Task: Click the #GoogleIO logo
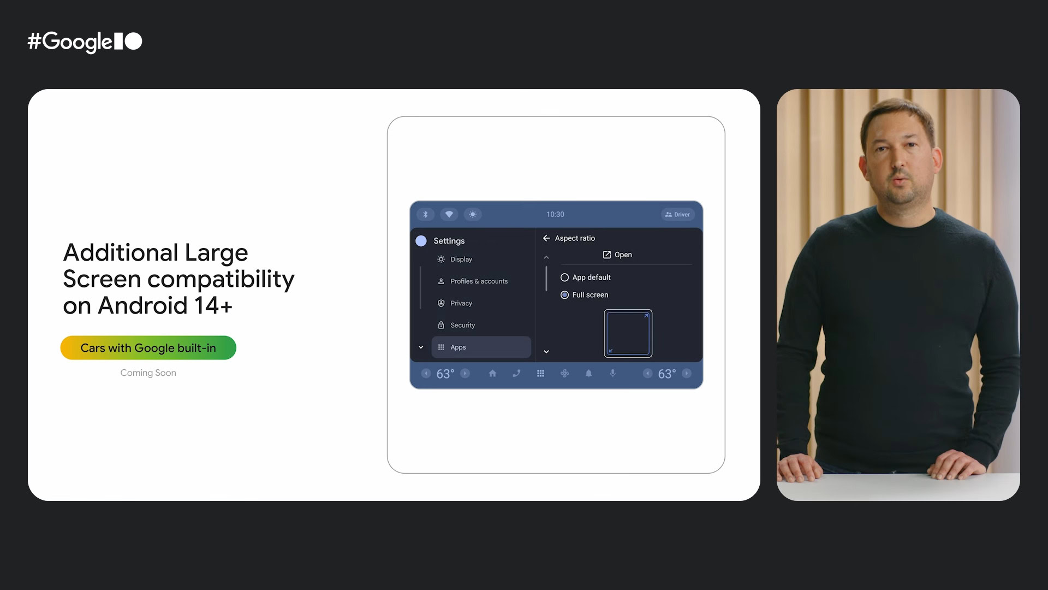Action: coord(85,42)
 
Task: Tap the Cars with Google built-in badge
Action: coord(148,348)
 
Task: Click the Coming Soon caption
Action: coord(148,373)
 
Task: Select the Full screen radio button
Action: coord(564,295)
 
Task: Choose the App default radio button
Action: coord(564,278)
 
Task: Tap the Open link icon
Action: coord(606,255)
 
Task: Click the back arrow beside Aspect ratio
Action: coord(546,238)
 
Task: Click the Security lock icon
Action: coord(441,325)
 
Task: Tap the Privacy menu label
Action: coord(461,303)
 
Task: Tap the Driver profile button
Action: coord(677,215)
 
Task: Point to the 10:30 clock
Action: coord(555,215)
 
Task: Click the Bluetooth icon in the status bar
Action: coord(426,215)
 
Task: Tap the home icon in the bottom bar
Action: coord(492,374)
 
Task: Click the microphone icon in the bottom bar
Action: coord(612,374)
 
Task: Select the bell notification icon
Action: coord(588,374)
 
